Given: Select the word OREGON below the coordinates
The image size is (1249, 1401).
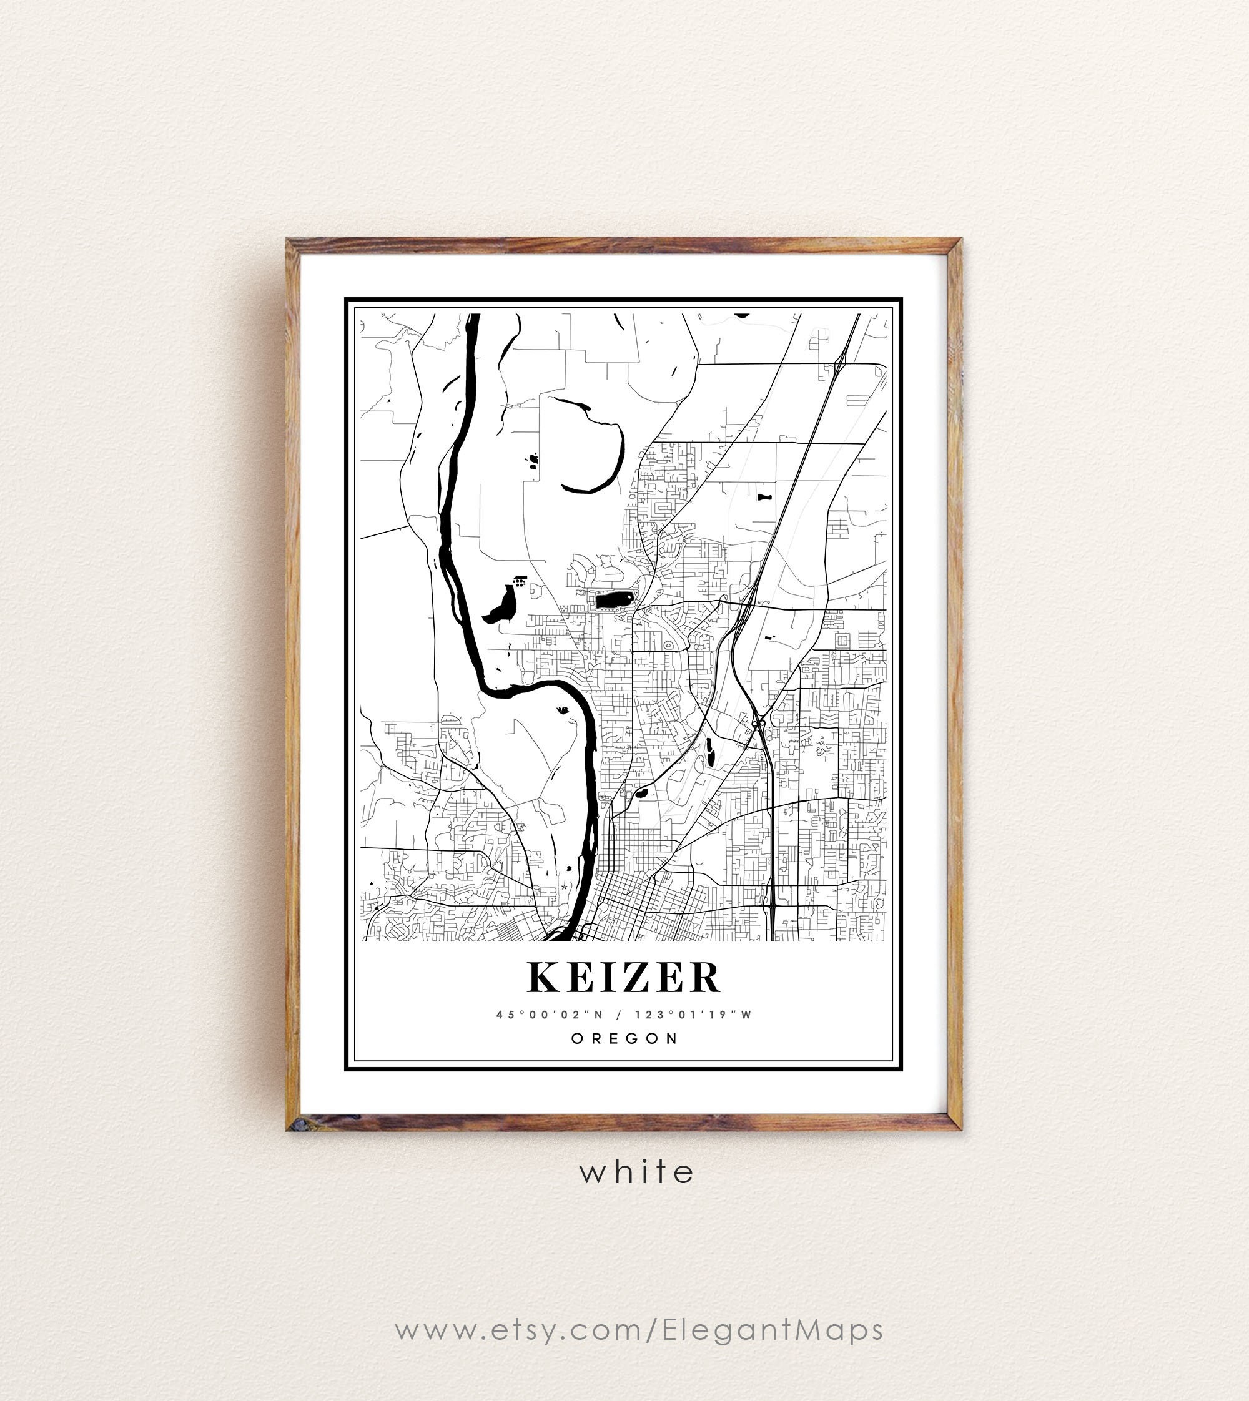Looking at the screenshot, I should pos(624,1038).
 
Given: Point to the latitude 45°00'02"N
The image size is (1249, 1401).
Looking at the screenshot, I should pos(550,1015).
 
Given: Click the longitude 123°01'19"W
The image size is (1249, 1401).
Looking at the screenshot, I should pos(693,1015).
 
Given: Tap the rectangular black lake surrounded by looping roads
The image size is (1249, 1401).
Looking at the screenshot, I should pos(613,601).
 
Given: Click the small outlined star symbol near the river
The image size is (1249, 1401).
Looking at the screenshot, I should pos(564,887).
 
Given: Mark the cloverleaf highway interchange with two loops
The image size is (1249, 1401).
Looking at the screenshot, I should pos(758,723).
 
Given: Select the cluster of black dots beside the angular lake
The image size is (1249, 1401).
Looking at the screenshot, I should pos(521,583).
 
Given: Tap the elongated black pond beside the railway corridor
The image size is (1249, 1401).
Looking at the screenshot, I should pos(709,752).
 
